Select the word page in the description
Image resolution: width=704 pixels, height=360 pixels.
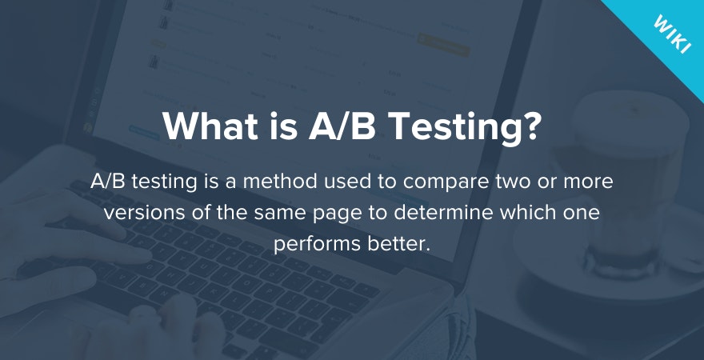coord(342,214)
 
